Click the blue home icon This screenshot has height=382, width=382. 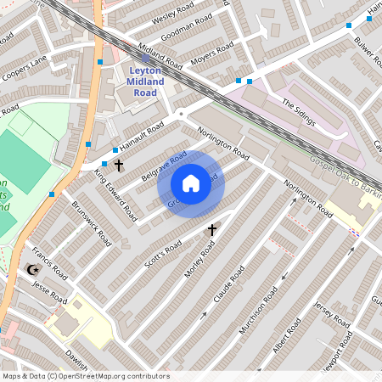coord(191,183)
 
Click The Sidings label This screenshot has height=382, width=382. coord(299,112)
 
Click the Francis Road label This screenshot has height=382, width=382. coord(49,265)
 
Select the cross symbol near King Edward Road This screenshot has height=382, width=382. coord(119,164)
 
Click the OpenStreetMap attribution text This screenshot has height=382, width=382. coord(86,376)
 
